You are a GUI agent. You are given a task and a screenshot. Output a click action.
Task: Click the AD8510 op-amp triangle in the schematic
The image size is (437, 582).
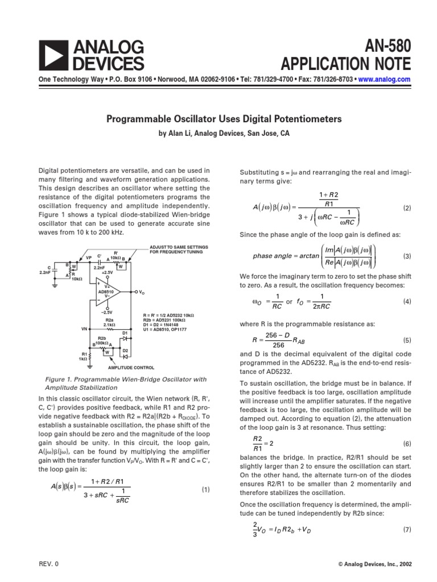pyautogui.click(x=108, y=292)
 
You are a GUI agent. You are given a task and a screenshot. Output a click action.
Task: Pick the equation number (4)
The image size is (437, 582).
pyautogui.click(x=406, y=301)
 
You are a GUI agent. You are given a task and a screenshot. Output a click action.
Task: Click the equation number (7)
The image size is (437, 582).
pyautogui.click(x=406, y=530)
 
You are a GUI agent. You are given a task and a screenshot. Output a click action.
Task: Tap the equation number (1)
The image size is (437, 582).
pyautogui.click(x=205, y=489)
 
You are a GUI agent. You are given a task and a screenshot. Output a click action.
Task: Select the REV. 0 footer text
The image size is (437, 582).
pyautogui.click(x=48, y=564)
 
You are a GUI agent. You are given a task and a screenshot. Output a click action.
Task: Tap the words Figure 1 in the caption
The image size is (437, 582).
pyautogui.click(x=59, y=379)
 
